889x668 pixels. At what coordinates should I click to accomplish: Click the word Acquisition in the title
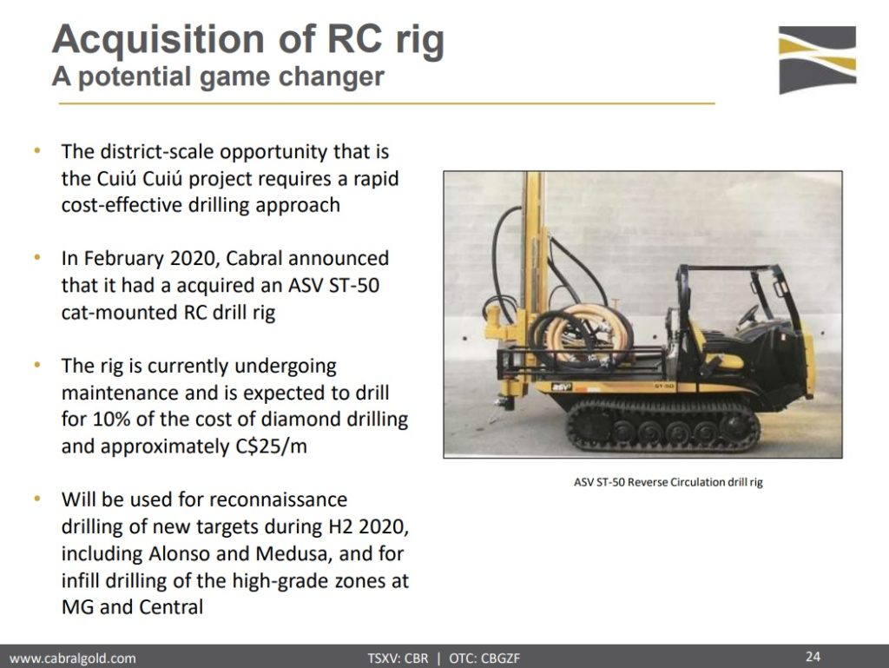click(158, 40)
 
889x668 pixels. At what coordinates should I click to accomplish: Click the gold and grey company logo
click(817, 60)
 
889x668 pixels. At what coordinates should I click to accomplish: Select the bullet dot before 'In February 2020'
click(37, 257)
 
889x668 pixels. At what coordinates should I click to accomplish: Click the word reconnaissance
click(278, 499)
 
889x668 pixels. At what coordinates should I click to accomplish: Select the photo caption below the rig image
click(668, 483)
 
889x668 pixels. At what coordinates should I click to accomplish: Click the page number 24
click(813, 657)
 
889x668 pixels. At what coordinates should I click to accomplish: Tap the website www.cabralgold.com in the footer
click(73, 658)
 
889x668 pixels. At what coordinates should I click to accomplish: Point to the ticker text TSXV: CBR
click(398, 658)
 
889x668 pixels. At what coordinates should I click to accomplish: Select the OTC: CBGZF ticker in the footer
click(484, 658)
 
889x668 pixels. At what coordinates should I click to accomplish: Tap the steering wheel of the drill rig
click(747, 315)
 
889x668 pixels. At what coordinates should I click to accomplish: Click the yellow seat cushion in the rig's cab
click(725, 360)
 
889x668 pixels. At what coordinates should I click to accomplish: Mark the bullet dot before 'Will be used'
click(37, 499)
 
